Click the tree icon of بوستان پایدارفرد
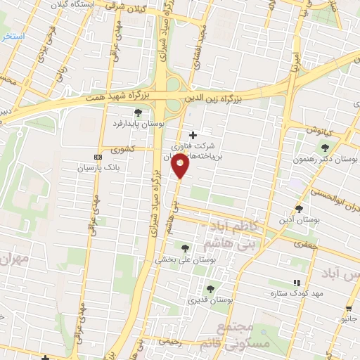click(138, 112)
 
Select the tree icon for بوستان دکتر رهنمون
click(325, 147)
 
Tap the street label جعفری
click(306, 245)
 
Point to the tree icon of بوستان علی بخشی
click(185, 247)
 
